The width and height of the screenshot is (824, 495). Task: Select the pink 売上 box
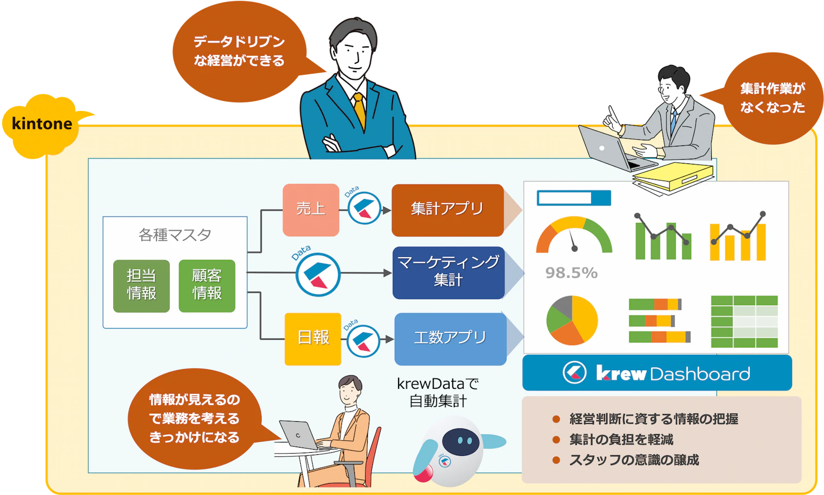[311, 210]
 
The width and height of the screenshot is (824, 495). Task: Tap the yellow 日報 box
[313, 339]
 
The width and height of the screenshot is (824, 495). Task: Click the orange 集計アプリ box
[448, 210]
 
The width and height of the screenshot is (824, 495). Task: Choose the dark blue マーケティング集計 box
[449, 273]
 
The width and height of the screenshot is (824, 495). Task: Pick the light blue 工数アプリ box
[451, 339]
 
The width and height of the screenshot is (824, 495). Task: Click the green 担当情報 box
[141, 286]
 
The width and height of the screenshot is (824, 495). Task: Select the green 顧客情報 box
[207, 286]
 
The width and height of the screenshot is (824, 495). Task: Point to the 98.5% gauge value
[571, 273]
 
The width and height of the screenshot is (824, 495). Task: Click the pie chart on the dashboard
[572, 320]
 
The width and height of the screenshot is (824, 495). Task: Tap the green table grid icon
[744, 321]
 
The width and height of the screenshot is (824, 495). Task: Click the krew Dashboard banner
[657, 373]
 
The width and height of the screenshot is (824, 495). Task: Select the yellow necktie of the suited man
[360, 110]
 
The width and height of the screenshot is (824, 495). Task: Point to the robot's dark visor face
[460, 441]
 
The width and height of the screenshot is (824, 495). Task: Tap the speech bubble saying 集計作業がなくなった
[772, 98]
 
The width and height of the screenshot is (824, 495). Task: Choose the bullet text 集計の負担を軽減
[621, 439]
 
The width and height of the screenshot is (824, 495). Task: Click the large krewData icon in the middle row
[318, 274]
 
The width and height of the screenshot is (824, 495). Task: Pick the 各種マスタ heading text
[175, 235]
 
